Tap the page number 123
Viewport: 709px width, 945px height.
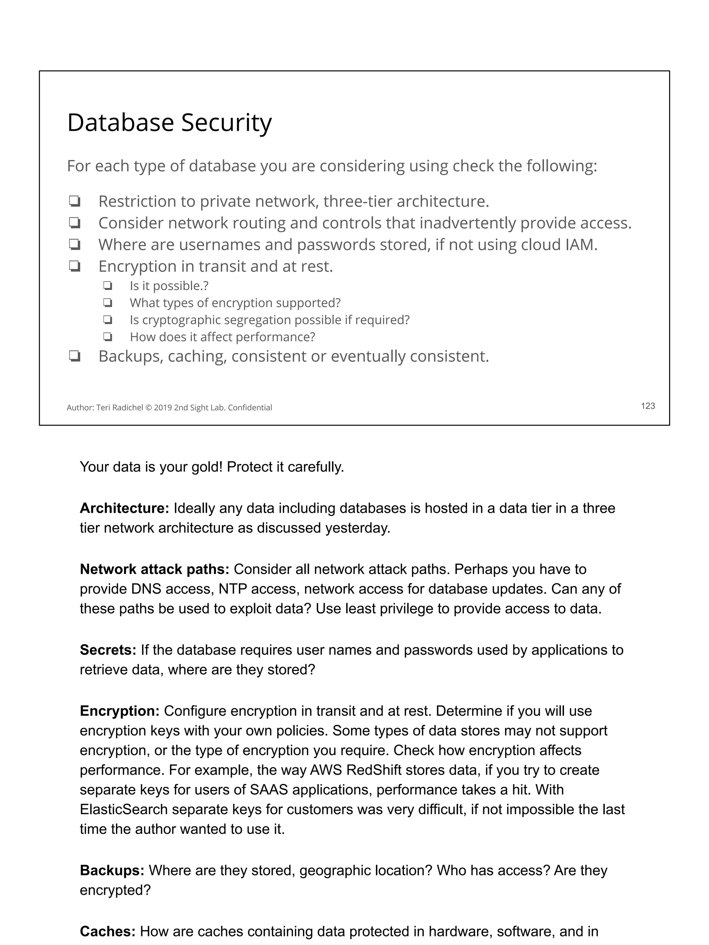[647, 406]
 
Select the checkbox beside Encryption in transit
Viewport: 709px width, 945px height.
[74, 266]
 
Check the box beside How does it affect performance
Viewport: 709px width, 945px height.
[107, 337]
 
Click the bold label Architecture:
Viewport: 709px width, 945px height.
[124, 508]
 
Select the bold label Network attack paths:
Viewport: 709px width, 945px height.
[154, 569]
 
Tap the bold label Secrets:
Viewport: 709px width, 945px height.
[108, 650]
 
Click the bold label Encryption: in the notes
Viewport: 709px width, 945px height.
[119, 711]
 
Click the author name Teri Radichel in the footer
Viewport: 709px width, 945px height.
[120, 408]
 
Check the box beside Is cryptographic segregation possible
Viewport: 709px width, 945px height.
[107, 320]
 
